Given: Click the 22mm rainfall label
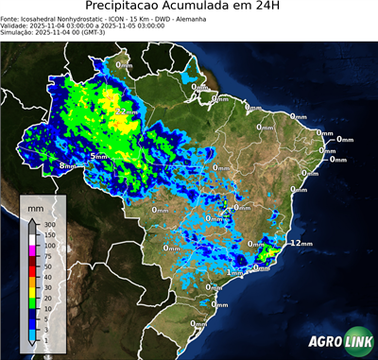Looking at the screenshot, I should tap(125, 111).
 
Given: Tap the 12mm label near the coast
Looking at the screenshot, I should tap(301, 243).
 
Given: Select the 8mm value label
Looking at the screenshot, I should tap(67, 165).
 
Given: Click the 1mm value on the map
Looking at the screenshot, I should tap(235, 272).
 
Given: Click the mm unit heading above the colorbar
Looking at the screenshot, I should tap(35, 205).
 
